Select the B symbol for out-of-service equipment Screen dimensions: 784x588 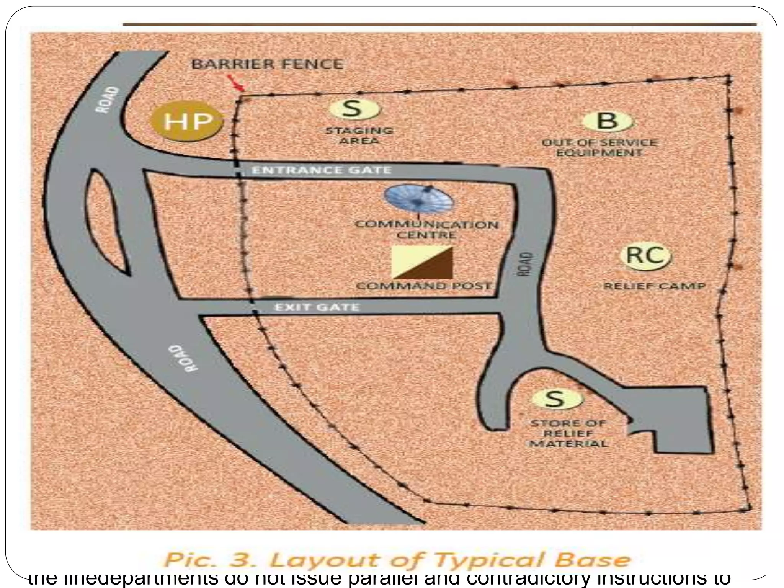point(607,121)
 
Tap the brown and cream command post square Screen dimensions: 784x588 point(422,262)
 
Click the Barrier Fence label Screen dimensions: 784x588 point(267,64)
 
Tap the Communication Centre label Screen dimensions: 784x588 point(426,229)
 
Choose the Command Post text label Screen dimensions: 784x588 point(423,286)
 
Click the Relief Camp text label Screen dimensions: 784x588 point(654,286)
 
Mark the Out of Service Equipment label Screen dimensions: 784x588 point(599,147)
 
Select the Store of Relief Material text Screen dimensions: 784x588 point(568,433)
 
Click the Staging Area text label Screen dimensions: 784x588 point(359,136)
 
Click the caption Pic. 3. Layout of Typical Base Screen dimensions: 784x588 point(397,560)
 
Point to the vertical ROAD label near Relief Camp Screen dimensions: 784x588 point(528,264)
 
